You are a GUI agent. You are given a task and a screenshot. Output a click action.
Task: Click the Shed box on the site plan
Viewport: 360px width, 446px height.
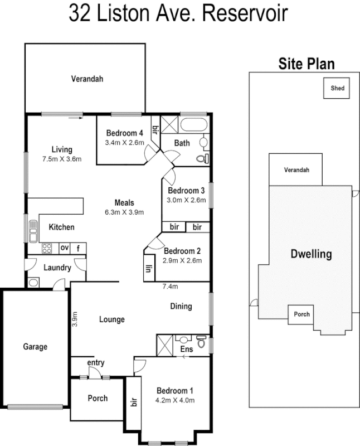338,88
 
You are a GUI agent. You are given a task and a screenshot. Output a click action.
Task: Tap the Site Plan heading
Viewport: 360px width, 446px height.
307,64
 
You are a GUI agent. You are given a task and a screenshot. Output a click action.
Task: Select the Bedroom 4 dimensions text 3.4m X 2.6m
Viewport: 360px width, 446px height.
124,143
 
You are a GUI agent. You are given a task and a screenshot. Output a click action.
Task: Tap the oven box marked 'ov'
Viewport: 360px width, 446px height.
65,248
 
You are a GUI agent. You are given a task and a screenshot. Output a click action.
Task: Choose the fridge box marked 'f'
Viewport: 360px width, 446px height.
79,248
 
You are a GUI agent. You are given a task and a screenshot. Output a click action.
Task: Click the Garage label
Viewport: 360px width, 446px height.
35,346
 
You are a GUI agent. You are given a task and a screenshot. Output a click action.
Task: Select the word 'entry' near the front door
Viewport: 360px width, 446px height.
96,363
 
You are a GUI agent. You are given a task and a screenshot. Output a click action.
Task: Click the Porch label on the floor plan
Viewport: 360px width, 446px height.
98,398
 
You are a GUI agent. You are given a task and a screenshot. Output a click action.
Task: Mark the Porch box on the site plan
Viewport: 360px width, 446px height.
299,314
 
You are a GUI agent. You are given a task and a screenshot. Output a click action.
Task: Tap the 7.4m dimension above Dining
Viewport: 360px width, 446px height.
170,287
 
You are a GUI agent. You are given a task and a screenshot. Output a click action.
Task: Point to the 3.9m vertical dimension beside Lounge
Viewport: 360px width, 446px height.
75,319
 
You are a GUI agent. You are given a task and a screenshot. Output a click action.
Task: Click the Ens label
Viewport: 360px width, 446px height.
187,350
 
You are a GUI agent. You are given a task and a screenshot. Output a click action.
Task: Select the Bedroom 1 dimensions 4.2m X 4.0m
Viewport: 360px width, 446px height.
175,399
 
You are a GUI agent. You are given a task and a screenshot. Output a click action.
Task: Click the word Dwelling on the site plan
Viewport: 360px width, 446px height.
311,254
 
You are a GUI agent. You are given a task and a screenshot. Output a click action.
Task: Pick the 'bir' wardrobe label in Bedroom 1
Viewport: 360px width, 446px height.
134,403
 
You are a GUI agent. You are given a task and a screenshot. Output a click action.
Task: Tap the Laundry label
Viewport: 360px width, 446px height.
57,268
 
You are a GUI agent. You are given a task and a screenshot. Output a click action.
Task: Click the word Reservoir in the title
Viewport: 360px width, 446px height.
246,14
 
